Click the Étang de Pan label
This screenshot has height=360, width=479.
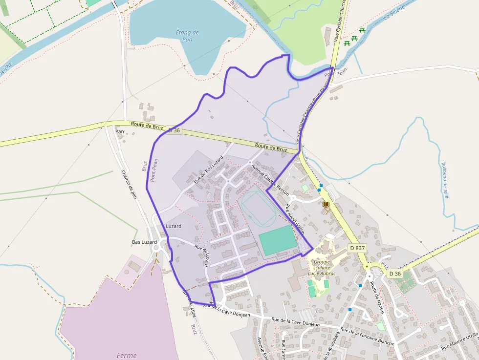[187, 36]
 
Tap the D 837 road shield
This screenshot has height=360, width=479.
[357, 248]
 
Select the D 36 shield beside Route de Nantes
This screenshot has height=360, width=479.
[395, 274]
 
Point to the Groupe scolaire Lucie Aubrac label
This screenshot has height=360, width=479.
[322, 268]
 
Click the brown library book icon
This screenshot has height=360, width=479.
[326, 204]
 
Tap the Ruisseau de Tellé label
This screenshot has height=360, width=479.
[445, 180]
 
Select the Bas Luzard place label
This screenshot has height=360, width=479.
[144, 242]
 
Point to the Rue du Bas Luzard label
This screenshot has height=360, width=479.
[209, 169]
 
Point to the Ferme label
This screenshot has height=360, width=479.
[127, 356]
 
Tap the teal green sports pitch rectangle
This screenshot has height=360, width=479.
[278, 240]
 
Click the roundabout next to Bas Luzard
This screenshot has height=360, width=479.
[157, 248]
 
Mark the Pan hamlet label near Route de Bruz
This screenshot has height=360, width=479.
[119, 131]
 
